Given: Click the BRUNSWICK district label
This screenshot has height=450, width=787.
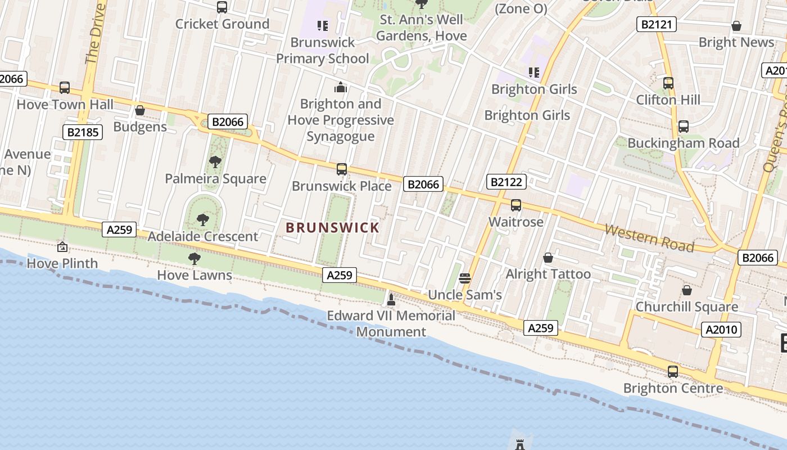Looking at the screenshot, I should (x=332, y=228).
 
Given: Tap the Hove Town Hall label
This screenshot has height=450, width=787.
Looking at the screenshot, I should (x=65, y=105).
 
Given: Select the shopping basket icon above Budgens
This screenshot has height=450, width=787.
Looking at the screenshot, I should (x=140, y=110).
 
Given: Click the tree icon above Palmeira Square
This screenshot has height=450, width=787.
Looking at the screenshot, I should (x=215, y=163).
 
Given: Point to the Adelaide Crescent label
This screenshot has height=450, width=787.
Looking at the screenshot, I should (x=202, y=236).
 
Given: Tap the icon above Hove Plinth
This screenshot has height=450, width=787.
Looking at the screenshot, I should (x=62, y=247).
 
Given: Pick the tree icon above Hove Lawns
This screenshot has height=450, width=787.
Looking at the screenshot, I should (x=195, y=259).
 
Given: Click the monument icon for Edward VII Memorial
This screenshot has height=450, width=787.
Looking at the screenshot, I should (x=391, y=299).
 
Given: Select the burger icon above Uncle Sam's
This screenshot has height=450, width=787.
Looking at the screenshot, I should (x=464, y=278).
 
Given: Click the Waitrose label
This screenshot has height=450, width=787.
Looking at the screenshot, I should (x=515, y=222).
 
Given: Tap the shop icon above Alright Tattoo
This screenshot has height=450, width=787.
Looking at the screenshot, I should (x=548, y=258).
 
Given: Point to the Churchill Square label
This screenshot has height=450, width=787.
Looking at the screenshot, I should (x=686, y=307).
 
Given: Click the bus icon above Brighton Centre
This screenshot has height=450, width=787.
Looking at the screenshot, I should (x=673, y=372).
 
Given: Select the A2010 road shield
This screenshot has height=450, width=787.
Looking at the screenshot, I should (x=721, y=329).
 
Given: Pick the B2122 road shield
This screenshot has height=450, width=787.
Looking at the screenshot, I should (x=507, y=182).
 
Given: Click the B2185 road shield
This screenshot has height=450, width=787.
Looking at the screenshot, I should (x=82, y=132).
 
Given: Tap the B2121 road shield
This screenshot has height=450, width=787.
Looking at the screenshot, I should (x=656, y=24).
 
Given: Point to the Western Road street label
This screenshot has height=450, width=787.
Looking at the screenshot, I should (x=649, y=238).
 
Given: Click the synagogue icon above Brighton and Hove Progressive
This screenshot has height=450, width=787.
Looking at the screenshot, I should (x=340, y=87).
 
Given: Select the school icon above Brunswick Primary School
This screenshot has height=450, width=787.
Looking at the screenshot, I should (x=322, y=25).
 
